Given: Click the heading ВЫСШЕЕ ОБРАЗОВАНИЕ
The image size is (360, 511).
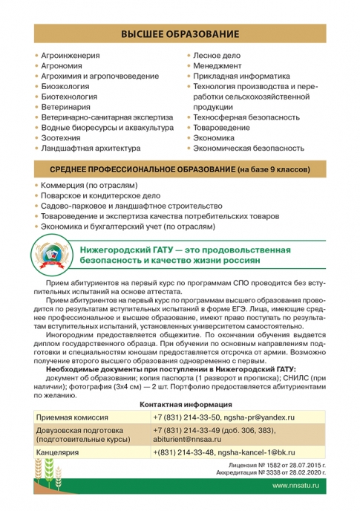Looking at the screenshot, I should pyautogui.click(x=180, y=34).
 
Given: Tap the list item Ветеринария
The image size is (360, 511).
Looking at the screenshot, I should pyautogui.click(x=66, y=107).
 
